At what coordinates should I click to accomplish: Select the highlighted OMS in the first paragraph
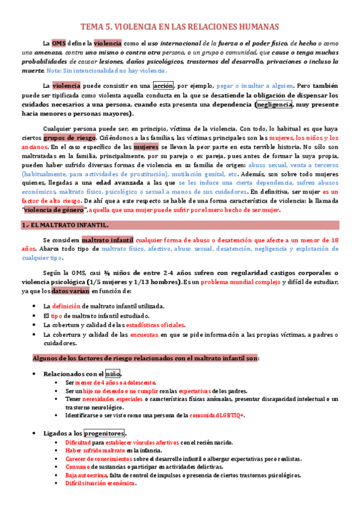[58, 43]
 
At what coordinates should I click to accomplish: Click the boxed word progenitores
[105, 432]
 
